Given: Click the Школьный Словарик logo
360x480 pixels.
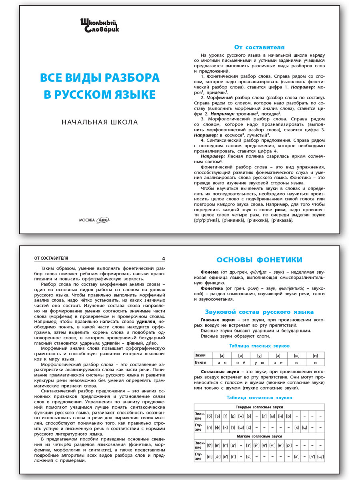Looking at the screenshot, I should point(100,25).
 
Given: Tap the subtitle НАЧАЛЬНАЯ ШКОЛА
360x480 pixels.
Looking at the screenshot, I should point(100,122).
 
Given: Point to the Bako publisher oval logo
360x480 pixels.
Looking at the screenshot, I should point(103,220).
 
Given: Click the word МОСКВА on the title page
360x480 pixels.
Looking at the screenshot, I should point(87,220).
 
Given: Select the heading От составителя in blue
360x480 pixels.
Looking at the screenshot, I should point(259,47).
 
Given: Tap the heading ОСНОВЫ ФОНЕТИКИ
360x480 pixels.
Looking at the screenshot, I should point(259,260).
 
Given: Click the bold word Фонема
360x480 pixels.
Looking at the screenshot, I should point(210,272).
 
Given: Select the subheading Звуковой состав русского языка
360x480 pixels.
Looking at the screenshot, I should point(259,312).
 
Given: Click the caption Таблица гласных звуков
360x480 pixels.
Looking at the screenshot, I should point(259,346).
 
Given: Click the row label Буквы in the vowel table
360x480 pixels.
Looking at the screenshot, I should point(201,362).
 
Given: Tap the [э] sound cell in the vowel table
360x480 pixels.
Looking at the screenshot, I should point(278,355).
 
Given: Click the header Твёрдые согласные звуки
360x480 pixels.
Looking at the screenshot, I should point(259,407).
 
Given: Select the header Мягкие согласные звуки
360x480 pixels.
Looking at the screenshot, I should point(259,436).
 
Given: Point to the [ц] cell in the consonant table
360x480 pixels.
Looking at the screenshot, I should point(305,427).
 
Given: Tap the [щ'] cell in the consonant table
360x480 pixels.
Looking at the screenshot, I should point(320,456).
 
